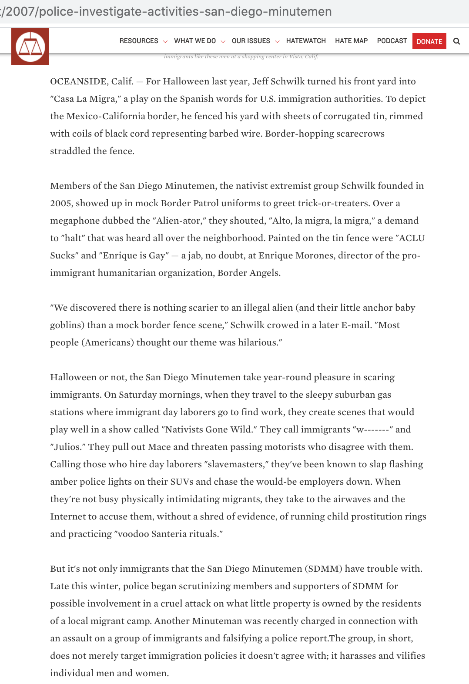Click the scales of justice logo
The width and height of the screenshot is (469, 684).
pos(30,47)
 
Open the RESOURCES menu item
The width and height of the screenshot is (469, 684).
pos(139,41)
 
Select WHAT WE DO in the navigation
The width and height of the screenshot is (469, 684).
pos(195,41)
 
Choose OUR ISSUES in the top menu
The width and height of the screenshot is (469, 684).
pos(251,41)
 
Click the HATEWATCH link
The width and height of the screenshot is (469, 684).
pos(306,41)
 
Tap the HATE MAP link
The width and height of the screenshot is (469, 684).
pos(351,41)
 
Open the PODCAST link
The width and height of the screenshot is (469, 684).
pos(392,41)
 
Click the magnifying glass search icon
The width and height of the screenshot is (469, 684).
pos(456,41)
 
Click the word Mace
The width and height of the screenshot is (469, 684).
pos(159,447)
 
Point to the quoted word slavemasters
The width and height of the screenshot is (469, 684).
pos(236,464)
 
